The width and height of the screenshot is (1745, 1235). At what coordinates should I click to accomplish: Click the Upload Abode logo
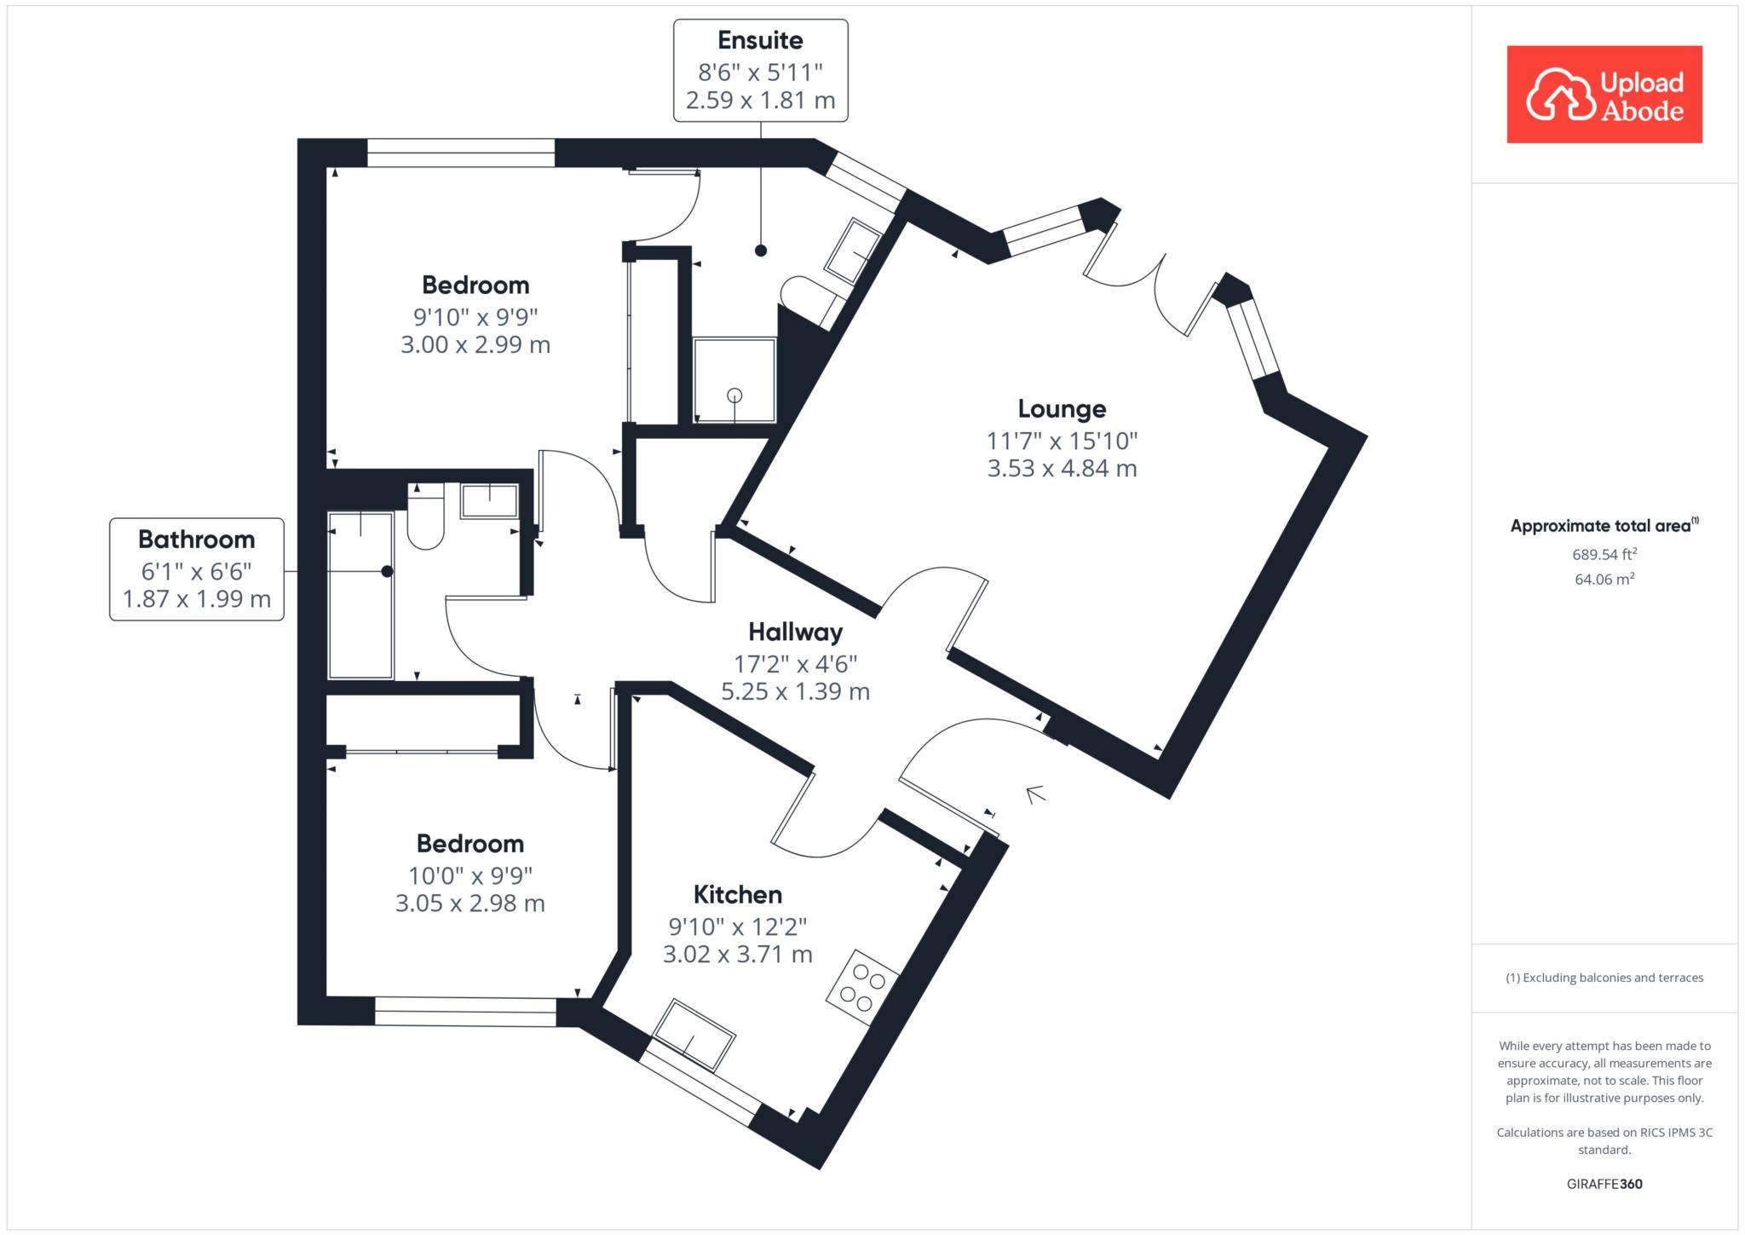1604,94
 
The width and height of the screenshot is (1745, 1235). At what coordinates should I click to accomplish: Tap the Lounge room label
1062,409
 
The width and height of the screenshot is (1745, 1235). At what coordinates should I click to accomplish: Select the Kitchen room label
737,894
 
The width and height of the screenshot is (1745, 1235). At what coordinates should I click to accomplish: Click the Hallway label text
795,632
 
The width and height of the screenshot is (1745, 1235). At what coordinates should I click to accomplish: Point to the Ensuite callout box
761,70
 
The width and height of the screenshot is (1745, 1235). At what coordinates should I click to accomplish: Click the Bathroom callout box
197,568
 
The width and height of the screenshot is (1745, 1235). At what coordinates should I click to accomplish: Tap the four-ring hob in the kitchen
863,987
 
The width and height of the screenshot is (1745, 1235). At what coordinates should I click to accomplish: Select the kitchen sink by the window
693,1034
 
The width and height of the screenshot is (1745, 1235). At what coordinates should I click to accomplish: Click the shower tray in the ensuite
734,380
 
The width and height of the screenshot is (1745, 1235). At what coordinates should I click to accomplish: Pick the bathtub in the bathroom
360,595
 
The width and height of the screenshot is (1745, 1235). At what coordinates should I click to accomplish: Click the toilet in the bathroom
426,517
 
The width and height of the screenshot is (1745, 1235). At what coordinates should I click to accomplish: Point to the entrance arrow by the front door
1035,794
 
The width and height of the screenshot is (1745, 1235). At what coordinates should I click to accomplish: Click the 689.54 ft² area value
1604,554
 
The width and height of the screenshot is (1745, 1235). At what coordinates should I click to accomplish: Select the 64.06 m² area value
1604,580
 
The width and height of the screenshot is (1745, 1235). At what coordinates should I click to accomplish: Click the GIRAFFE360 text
1604,1184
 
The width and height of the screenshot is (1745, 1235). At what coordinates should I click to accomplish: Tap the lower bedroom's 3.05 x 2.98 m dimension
470,903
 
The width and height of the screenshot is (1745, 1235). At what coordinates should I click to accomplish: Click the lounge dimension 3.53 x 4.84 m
1062,469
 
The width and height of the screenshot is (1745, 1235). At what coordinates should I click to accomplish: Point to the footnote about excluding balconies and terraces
1604,978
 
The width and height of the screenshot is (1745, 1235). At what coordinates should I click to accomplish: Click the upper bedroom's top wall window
461,153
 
